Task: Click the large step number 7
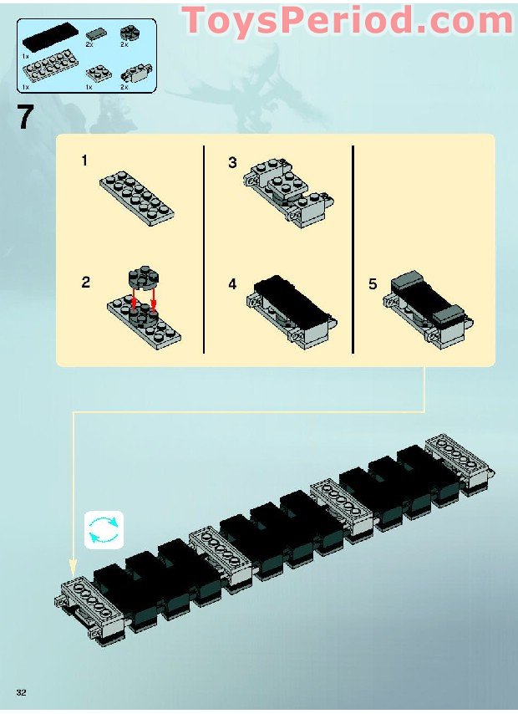coord(26,117)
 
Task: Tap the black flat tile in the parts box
coord(52,36)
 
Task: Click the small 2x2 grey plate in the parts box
coord(99,71)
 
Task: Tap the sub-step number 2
coord(85,283)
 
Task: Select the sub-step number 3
coord(232,163)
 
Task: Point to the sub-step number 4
coord(232,285)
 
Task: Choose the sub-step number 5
coord(373,285)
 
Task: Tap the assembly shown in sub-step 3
coord(288,193)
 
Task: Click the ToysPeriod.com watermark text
coord(348,19)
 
